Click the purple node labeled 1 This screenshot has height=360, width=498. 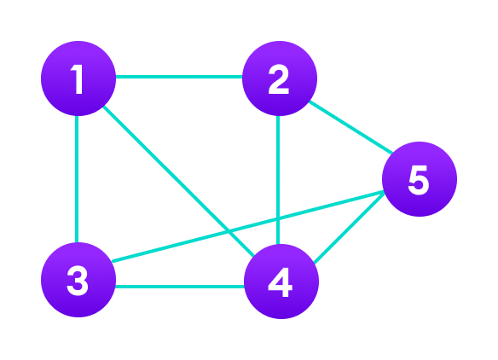78,78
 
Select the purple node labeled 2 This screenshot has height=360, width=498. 280,78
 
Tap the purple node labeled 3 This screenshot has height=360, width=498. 78,280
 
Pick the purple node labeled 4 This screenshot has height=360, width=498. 281,282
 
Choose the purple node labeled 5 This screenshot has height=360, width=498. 420,179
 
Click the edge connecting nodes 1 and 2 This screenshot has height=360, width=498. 179,77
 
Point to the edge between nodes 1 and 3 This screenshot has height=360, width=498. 77,179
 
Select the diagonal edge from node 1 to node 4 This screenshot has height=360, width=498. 171,173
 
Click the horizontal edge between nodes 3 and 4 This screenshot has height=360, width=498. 179,287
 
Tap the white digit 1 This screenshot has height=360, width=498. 78,79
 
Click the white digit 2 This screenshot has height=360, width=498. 279,80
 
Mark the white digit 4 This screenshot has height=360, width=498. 281,282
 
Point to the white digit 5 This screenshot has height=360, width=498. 418,180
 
